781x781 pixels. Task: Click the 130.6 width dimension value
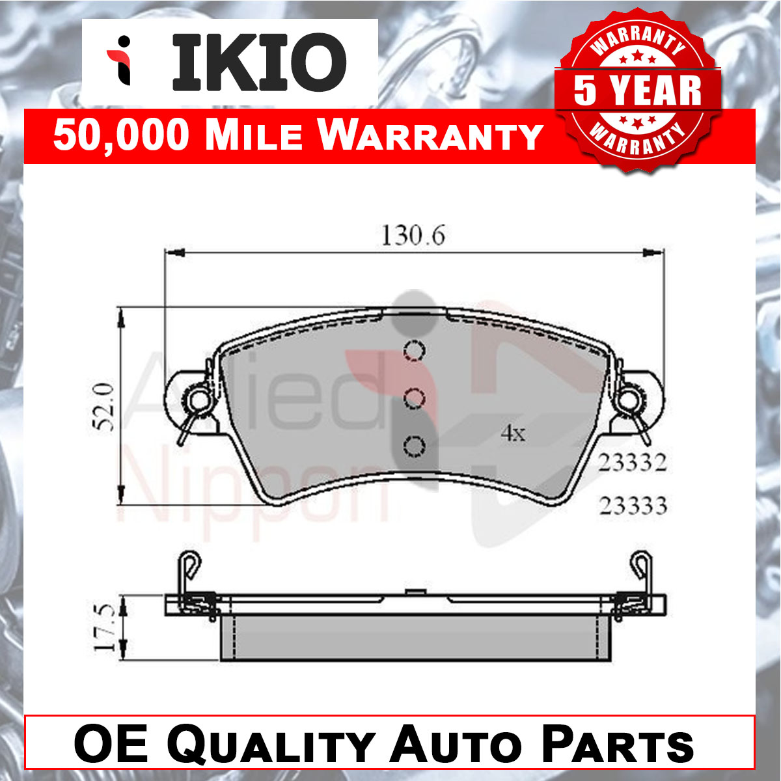tap(413, 236)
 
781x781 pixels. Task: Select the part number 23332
tap(632, 463)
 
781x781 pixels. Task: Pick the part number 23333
tap(633, 506)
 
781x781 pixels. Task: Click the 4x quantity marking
tap(513, 433)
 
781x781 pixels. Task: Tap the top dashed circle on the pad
tap(414, 350)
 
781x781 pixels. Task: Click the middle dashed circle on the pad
tap(414, 398)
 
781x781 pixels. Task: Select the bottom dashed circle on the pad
tap(414, 447)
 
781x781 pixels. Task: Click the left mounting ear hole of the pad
tap(199, 400)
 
